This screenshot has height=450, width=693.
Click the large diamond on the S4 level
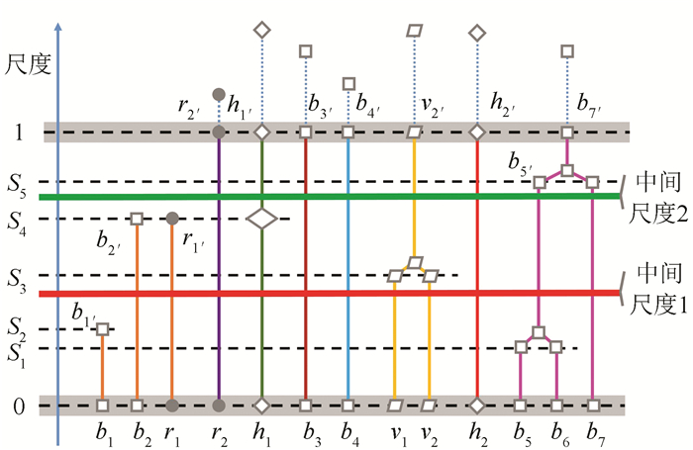click(261, 219)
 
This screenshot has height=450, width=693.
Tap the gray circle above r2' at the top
click(219, 94)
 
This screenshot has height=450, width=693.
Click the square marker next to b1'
click(102, 329)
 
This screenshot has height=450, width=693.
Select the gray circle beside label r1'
click(172, 218)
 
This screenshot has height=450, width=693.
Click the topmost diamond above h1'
click(261, 31)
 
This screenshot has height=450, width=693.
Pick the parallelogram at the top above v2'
click(415, 31)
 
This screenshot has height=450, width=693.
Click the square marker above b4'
click(347, 84)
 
